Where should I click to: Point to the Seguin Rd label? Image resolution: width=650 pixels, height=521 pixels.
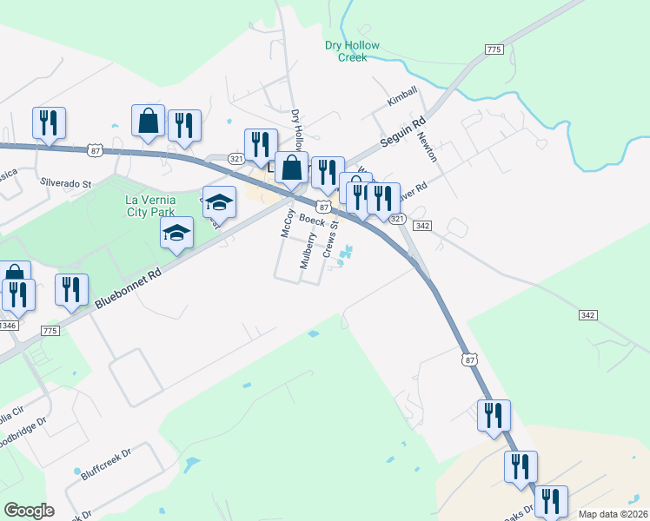pyautogui.click(x=401, y=134)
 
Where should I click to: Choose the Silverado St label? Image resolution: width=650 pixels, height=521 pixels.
pyautogui.click(x=65, y=184)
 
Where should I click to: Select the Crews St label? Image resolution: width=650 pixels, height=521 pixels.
pyautogui.click(x=330, y=239)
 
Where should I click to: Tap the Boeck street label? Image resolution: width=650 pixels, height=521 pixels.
pyautogui.click(x=313, y=221)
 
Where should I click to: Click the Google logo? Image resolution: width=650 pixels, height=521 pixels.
pyautogui.click(x=29, y=511)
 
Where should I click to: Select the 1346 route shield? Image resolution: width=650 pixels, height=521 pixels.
pyautogui.click(x=8, y=325)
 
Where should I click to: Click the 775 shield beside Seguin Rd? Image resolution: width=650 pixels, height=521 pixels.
pyautogui.click(x=494, y=50)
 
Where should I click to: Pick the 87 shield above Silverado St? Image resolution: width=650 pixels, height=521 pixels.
pyautogui.click(x=95, y=151)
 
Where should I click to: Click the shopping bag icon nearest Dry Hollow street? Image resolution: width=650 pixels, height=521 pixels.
pyautogui.click(x=293, y=167)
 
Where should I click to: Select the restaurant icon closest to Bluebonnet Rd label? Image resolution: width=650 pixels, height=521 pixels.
pyautogui.click(x=70, y=290)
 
